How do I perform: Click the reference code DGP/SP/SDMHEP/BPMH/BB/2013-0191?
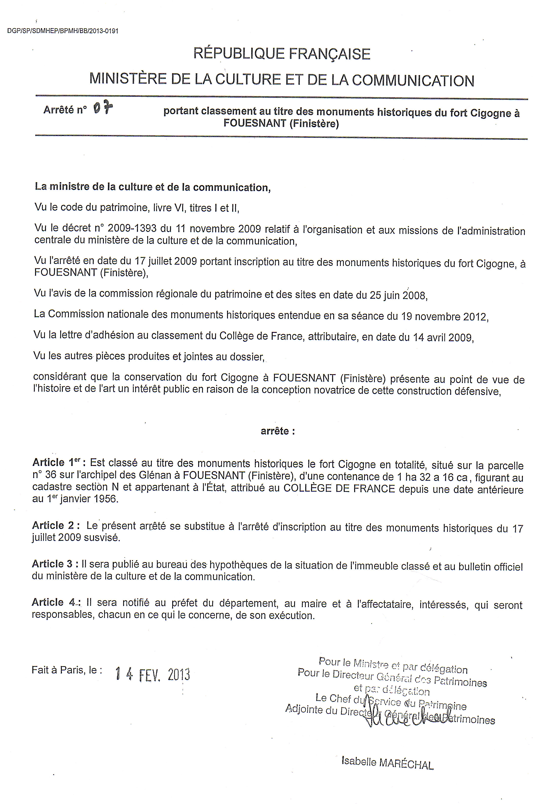[x=63, y=31]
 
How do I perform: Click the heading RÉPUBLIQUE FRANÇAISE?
[x=282, y=54]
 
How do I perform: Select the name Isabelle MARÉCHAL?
[x=388, y=763]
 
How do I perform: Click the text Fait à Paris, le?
[x=67, y=670]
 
